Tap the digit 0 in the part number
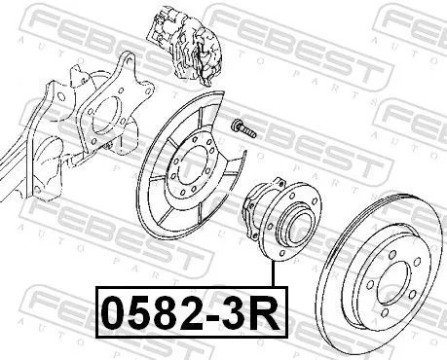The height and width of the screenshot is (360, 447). tap(114, 316)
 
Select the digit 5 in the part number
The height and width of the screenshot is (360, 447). tap(138, 316)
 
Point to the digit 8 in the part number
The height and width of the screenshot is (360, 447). tap(164, 316)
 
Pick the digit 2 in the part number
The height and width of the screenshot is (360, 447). tap(188, 316)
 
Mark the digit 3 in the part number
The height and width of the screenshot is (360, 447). tap(229, 316)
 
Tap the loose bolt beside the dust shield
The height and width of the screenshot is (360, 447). tap(241, 127)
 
